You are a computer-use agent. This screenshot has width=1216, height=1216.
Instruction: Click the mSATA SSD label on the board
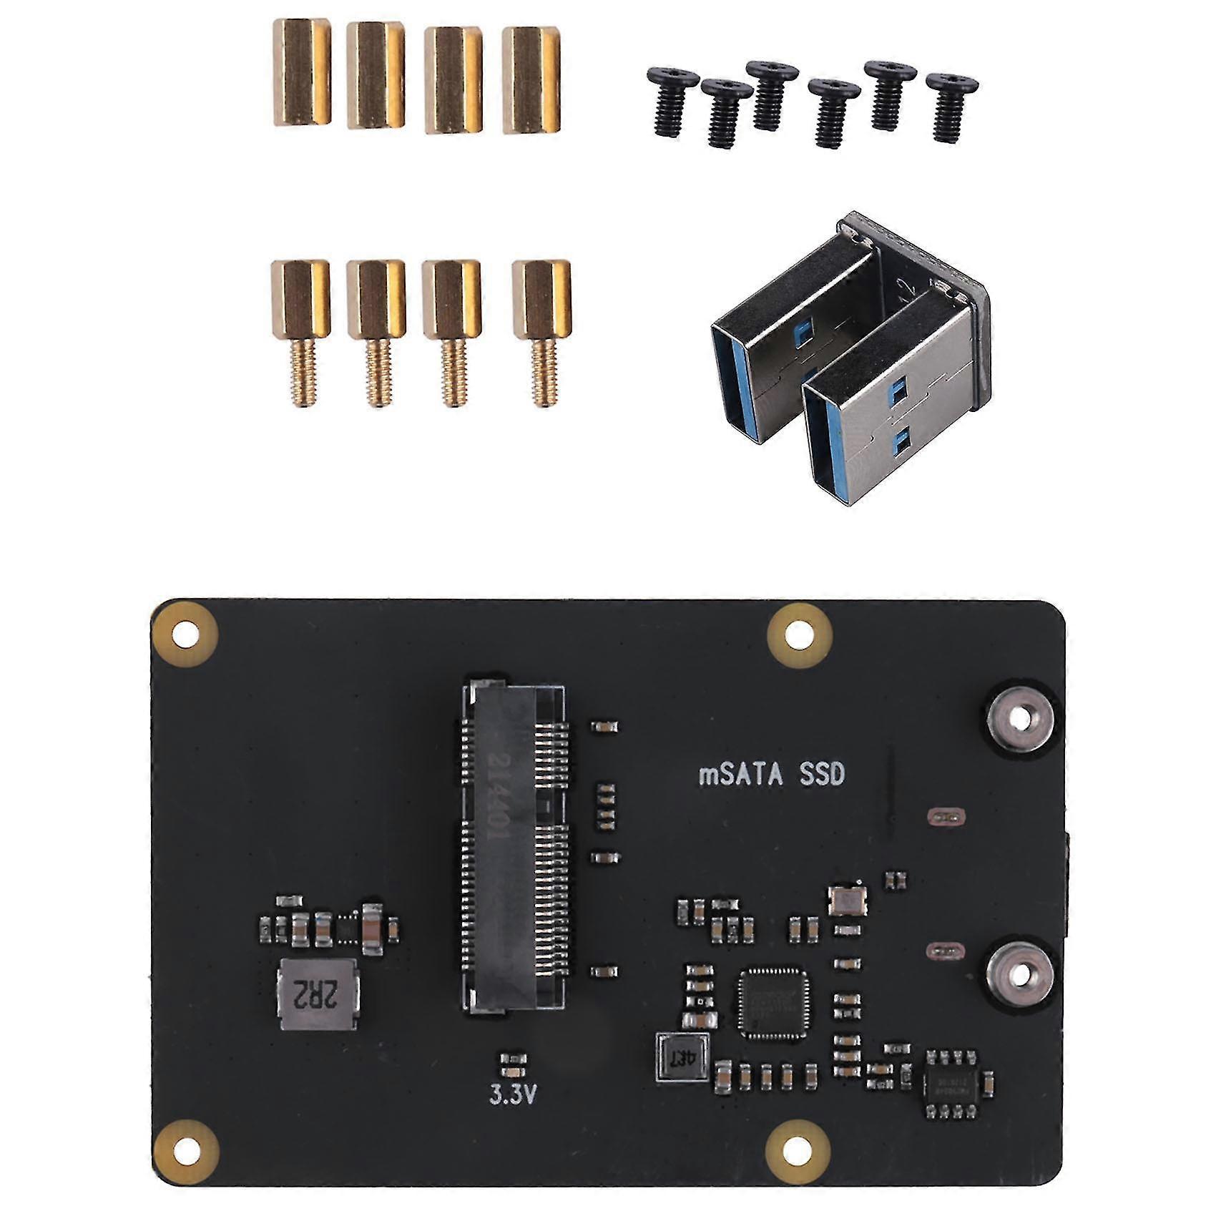pos(770,775)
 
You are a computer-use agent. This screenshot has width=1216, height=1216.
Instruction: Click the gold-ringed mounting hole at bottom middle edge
pos(800,1153)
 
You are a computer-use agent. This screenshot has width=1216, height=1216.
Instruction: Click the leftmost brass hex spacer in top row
pos(301,74)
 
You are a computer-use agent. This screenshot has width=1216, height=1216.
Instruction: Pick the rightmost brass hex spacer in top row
pos(530,79)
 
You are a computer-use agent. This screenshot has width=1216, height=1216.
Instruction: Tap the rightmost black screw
pos(952,107)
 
